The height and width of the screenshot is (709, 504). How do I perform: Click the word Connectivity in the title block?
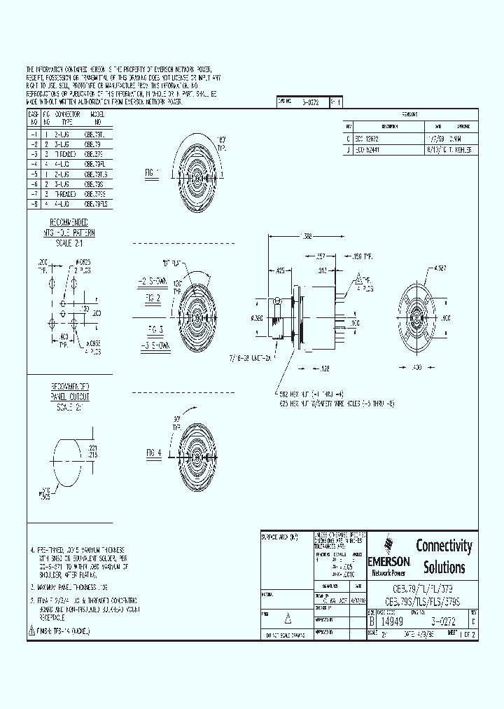[444, 546]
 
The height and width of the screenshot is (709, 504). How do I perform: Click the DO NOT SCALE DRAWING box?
[285, 634]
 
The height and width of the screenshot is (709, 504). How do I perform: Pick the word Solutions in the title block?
[444, 567]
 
